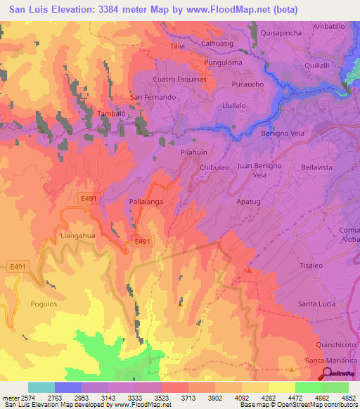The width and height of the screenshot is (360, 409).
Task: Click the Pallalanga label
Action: pyautogui.click(x=147, y=202)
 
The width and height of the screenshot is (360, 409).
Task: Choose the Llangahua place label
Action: pyautogui.click(x=78, y=236)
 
